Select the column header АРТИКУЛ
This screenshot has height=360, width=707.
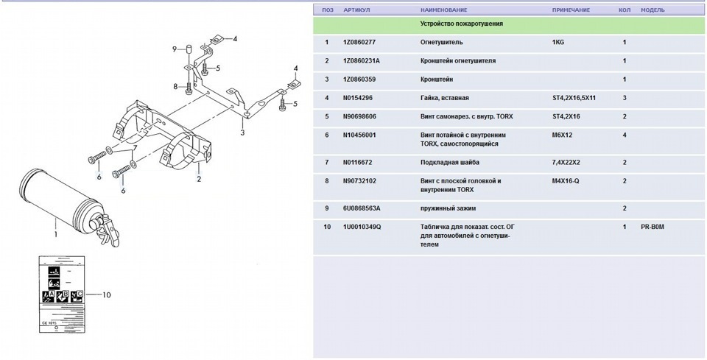point(356,10)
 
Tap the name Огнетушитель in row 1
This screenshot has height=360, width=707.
point(441,43)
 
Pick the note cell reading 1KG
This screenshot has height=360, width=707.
point(558,43)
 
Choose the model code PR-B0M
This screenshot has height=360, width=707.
point(653,227)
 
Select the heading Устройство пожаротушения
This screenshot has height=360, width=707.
point(462,24)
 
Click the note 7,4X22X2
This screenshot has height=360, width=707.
point(566,162)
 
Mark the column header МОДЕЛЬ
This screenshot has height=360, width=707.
point(653,10)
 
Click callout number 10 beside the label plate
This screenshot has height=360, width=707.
point(106,295)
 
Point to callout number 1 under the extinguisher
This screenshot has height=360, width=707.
point(54,236)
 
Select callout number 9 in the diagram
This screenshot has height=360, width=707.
point(175,49)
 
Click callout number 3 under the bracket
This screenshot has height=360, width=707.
point(242,133)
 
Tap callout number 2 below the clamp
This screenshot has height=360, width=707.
point(198,177)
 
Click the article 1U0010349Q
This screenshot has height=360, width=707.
point(362,227)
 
